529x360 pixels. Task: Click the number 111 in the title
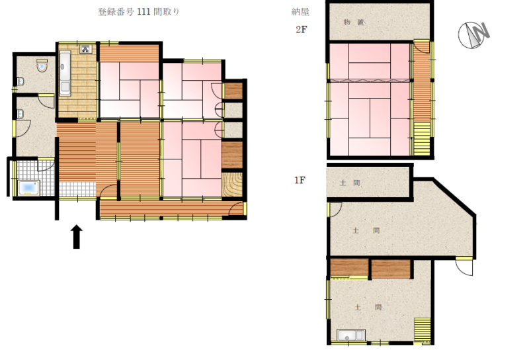(143, 12)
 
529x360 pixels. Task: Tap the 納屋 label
(300, 12)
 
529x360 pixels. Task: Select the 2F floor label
(302, 29)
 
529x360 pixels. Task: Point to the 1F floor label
(300, 180)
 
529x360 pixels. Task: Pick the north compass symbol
(473, 34)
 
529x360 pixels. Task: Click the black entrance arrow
(77, 237)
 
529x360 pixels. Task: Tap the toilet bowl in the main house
(42, 66)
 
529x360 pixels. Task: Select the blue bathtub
(29, 188)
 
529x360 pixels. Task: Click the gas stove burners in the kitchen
(85, 49)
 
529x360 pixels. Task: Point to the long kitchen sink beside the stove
(65, 73)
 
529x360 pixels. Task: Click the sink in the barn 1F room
(351, 336)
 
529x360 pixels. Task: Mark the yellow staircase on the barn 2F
(422, 139)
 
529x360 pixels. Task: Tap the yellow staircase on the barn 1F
(423, 330)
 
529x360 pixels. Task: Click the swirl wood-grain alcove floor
(232, 185)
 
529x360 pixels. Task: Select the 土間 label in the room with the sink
(368, 307)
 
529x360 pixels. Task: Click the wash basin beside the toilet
(20, 81)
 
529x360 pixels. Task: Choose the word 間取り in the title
(167, 12)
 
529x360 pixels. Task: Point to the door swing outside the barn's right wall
(465, 267)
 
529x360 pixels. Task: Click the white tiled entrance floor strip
(77, 189)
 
